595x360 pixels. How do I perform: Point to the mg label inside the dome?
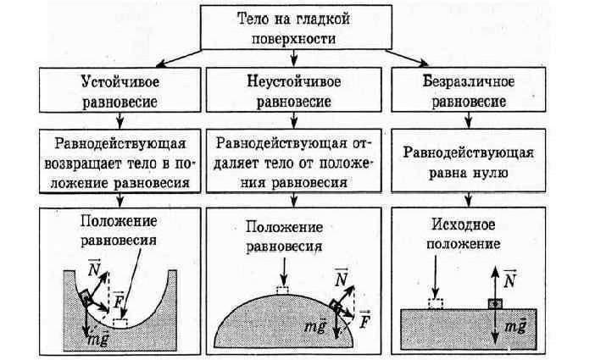(314, 327)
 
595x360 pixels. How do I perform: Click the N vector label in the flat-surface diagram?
(509, 277)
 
